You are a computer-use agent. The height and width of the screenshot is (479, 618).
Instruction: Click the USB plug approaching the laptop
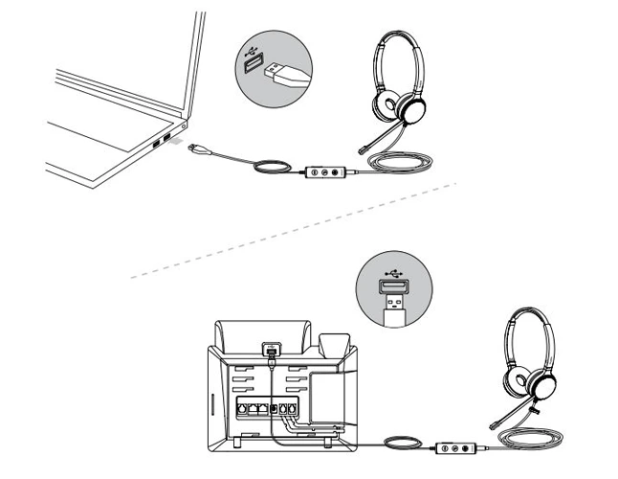click(197, 149)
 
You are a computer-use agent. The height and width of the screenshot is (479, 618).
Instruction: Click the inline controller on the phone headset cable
click(457, 447)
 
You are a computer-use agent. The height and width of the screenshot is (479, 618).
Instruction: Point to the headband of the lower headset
click(526, 317)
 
